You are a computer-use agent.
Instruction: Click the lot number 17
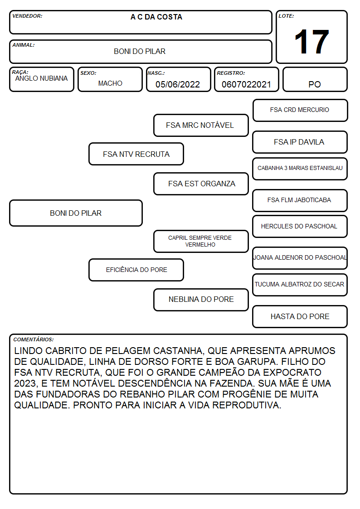click(x=311, y=42)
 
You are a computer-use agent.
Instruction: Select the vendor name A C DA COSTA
click(x=156, y=17)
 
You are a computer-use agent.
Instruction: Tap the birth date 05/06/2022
click(x=178, y=84)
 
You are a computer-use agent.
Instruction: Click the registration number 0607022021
click(x=246, y=84)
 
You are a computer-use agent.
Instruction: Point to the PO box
click(x=315, y=79)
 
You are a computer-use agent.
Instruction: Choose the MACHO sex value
click(x=110, y=83)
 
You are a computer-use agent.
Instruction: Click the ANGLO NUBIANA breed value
click(x=42, y=78)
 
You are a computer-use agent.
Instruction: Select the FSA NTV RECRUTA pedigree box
click(x=136, y=154)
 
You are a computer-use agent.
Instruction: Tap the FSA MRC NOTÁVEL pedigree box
click(x=201, y=125)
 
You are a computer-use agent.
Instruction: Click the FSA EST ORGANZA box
click(x=201, y=184)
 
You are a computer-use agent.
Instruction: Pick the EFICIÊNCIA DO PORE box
click(x=136, y=270)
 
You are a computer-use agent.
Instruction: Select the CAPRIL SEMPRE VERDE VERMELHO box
click(x=201, y=241)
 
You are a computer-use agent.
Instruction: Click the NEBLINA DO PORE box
click(x=201, y=300)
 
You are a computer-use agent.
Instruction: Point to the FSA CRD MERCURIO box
click(x=300, y=111)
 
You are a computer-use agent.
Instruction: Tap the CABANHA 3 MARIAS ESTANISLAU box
click(x=300, y=169)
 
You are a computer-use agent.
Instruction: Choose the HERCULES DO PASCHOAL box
click(x=300, y=226)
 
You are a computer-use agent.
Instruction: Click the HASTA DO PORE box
click(x=300, y=316)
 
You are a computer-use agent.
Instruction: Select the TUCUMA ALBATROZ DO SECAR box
click(x=300, y=285)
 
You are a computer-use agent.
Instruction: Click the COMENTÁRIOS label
click(x=34, y=339)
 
